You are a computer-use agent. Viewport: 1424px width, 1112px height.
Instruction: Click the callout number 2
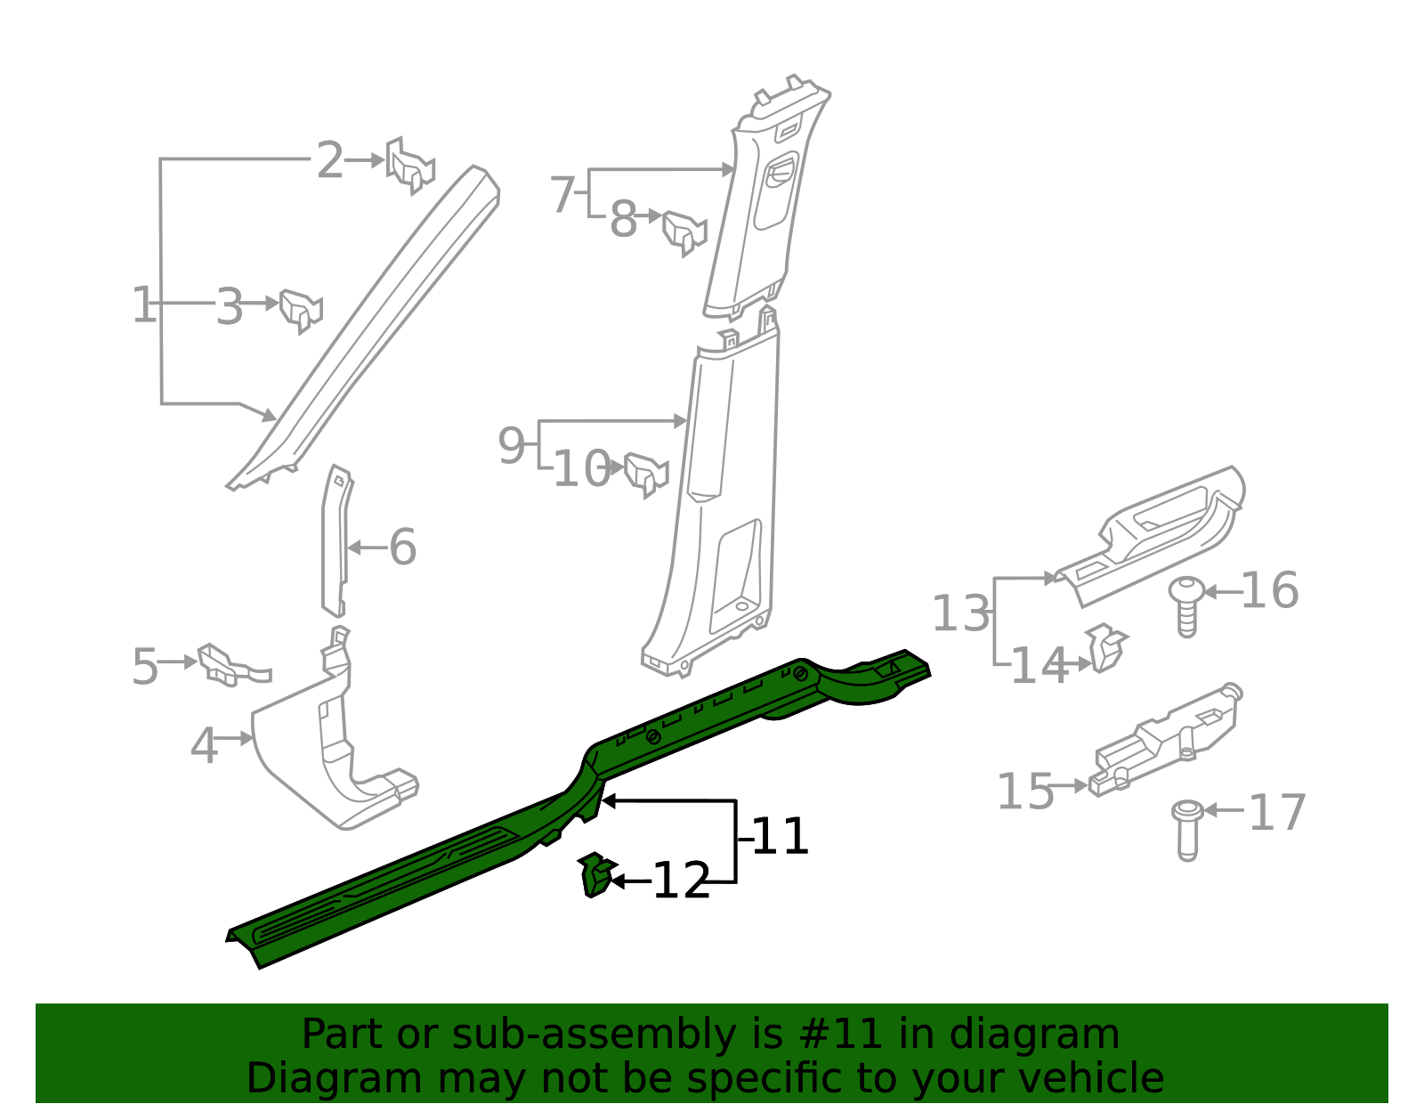(x=330, y=161)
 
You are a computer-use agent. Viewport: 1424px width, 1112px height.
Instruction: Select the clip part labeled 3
(x=300, y=309)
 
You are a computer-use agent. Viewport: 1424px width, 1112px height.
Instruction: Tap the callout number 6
(x=402, y=547)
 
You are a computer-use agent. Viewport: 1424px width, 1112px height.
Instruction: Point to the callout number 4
(x=204, y=745)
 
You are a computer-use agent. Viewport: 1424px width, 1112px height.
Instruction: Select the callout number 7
(x=562, y=194)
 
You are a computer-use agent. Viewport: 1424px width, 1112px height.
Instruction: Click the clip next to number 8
(x=684, y=231)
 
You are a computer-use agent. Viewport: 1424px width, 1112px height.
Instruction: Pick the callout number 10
(x=582, y=469)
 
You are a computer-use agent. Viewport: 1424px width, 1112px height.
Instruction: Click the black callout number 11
(x=781, y=837)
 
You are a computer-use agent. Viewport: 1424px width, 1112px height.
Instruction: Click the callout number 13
(x=960, y=613)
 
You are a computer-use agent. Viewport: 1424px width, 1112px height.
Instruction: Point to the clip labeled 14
(x=1106, y=647)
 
